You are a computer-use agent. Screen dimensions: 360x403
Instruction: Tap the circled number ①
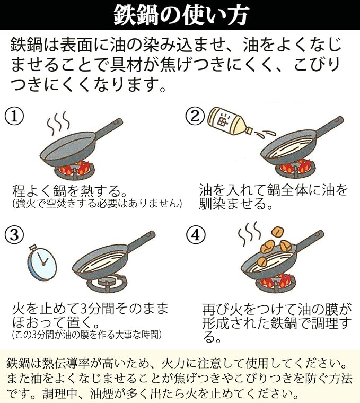(14, 117)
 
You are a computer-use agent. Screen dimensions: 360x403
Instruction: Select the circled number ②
(195, 117)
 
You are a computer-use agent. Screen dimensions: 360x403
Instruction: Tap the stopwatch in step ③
(42, 262)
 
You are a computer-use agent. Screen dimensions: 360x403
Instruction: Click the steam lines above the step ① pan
(58, 123)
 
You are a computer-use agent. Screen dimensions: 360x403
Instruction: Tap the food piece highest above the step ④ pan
(277, 232)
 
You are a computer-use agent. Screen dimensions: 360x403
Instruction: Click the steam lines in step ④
(249, 234)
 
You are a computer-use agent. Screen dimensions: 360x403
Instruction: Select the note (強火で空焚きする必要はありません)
(97, 203)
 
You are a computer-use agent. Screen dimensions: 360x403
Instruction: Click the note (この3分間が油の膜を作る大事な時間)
(87, 335)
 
